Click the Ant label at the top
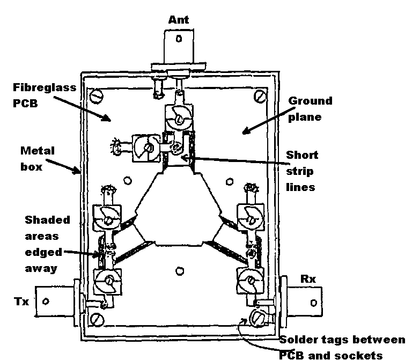[x=178, y=20]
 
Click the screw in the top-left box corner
[x=96, y=97]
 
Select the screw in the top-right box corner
[x=261, y=97]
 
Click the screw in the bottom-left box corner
[x=97, y=320]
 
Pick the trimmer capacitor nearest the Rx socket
[x=248, y=279]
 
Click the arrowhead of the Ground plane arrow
[x=244, y=131]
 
